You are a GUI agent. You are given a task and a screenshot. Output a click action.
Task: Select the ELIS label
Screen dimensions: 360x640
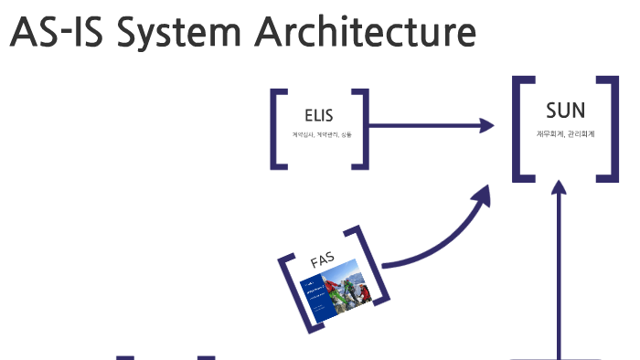pyautogui.click(x=319, y=116)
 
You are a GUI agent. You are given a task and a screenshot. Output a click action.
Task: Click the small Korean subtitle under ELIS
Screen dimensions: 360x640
pyautogui.click(x=321, y=135)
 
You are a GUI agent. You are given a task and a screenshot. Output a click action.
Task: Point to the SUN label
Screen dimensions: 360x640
pyautogui.click(x=565, y=111)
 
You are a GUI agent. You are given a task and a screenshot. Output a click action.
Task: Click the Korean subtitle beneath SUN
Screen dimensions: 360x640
pyautogui.click(x=565, y=133)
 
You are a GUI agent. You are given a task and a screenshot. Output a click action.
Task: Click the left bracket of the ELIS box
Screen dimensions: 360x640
pyautogui.click(x=276, y=128)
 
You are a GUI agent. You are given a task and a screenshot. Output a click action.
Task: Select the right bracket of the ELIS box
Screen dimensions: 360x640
pyautogui.click(x=363, y=128)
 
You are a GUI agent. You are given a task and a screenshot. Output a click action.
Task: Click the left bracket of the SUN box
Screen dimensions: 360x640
pyautogui.click(x=520, y=128)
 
